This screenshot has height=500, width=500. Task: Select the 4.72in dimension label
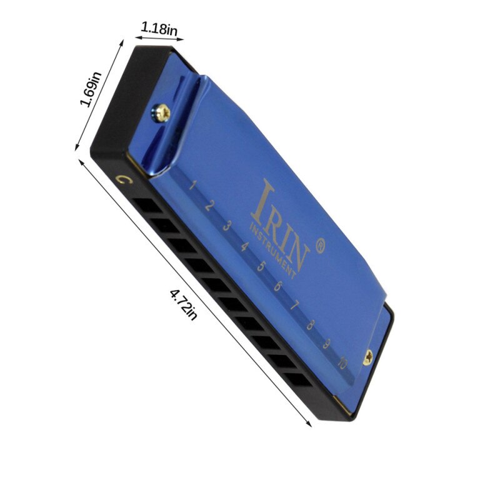coord(183,304)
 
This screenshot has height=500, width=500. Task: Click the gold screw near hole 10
coord(369,357)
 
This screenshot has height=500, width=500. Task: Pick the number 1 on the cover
coord(194,185)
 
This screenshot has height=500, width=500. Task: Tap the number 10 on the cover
coord(342,362)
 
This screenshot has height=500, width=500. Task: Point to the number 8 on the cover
coord(311,324)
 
